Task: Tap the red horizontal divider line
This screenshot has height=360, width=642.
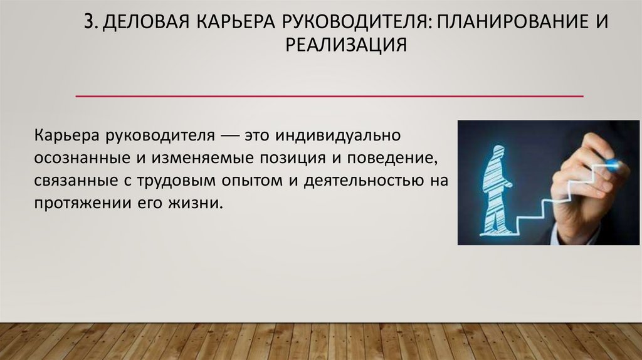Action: (329, 97)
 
